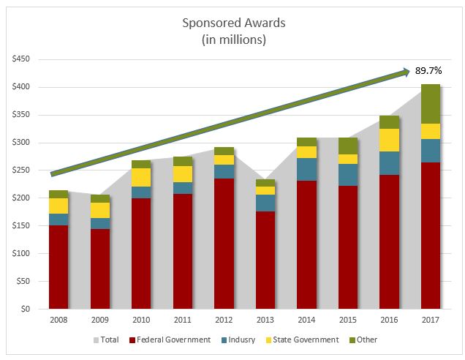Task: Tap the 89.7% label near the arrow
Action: (x=431, y=71)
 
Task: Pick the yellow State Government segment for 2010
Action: (x=140, y=177)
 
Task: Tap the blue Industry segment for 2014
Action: (x=306, y=169)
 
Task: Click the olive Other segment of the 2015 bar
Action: (x=348, y=146)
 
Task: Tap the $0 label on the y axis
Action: (x=27, y=309)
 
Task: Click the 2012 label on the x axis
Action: (x=224, y=320)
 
